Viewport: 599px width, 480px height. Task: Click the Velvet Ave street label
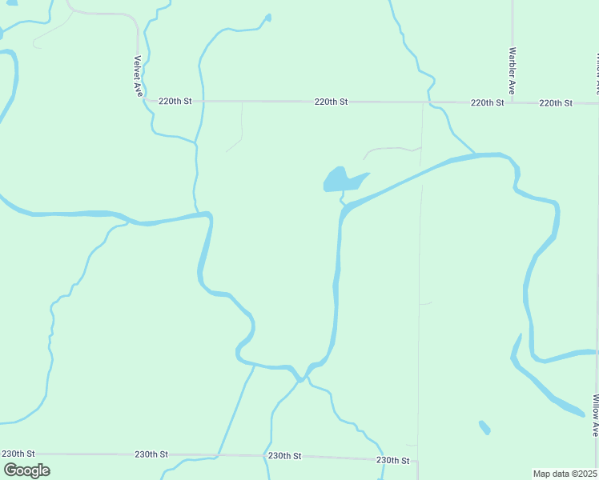[x=138, y=76]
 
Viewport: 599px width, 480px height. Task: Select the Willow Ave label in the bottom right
[x=596, y=415]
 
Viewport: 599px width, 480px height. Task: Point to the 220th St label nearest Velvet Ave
[x=175, y=102]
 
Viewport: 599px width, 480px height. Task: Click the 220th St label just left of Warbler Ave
[x=487, y=102]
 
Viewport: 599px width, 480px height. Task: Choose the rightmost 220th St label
[x=556, y=103]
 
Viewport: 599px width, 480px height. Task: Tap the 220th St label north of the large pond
[x=331, y=102]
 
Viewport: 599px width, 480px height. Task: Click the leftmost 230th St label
[x=18, y=454]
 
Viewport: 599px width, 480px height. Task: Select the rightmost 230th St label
[x=393, y=461]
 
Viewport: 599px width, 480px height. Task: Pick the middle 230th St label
[x=284, y=455]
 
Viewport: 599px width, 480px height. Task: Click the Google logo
[x=26, y=470]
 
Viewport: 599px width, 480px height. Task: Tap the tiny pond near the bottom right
[x=484, y=427]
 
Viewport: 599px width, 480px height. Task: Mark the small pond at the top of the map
[x=267, y=18]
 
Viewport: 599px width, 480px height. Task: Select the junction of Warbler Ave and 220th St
[x=513, y=102]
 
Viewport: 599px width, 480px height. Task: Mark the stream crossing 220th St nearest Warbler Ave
[x=431, y=102]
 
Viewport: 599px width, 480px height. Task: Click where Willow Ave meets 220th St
[x=597, y=103]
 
